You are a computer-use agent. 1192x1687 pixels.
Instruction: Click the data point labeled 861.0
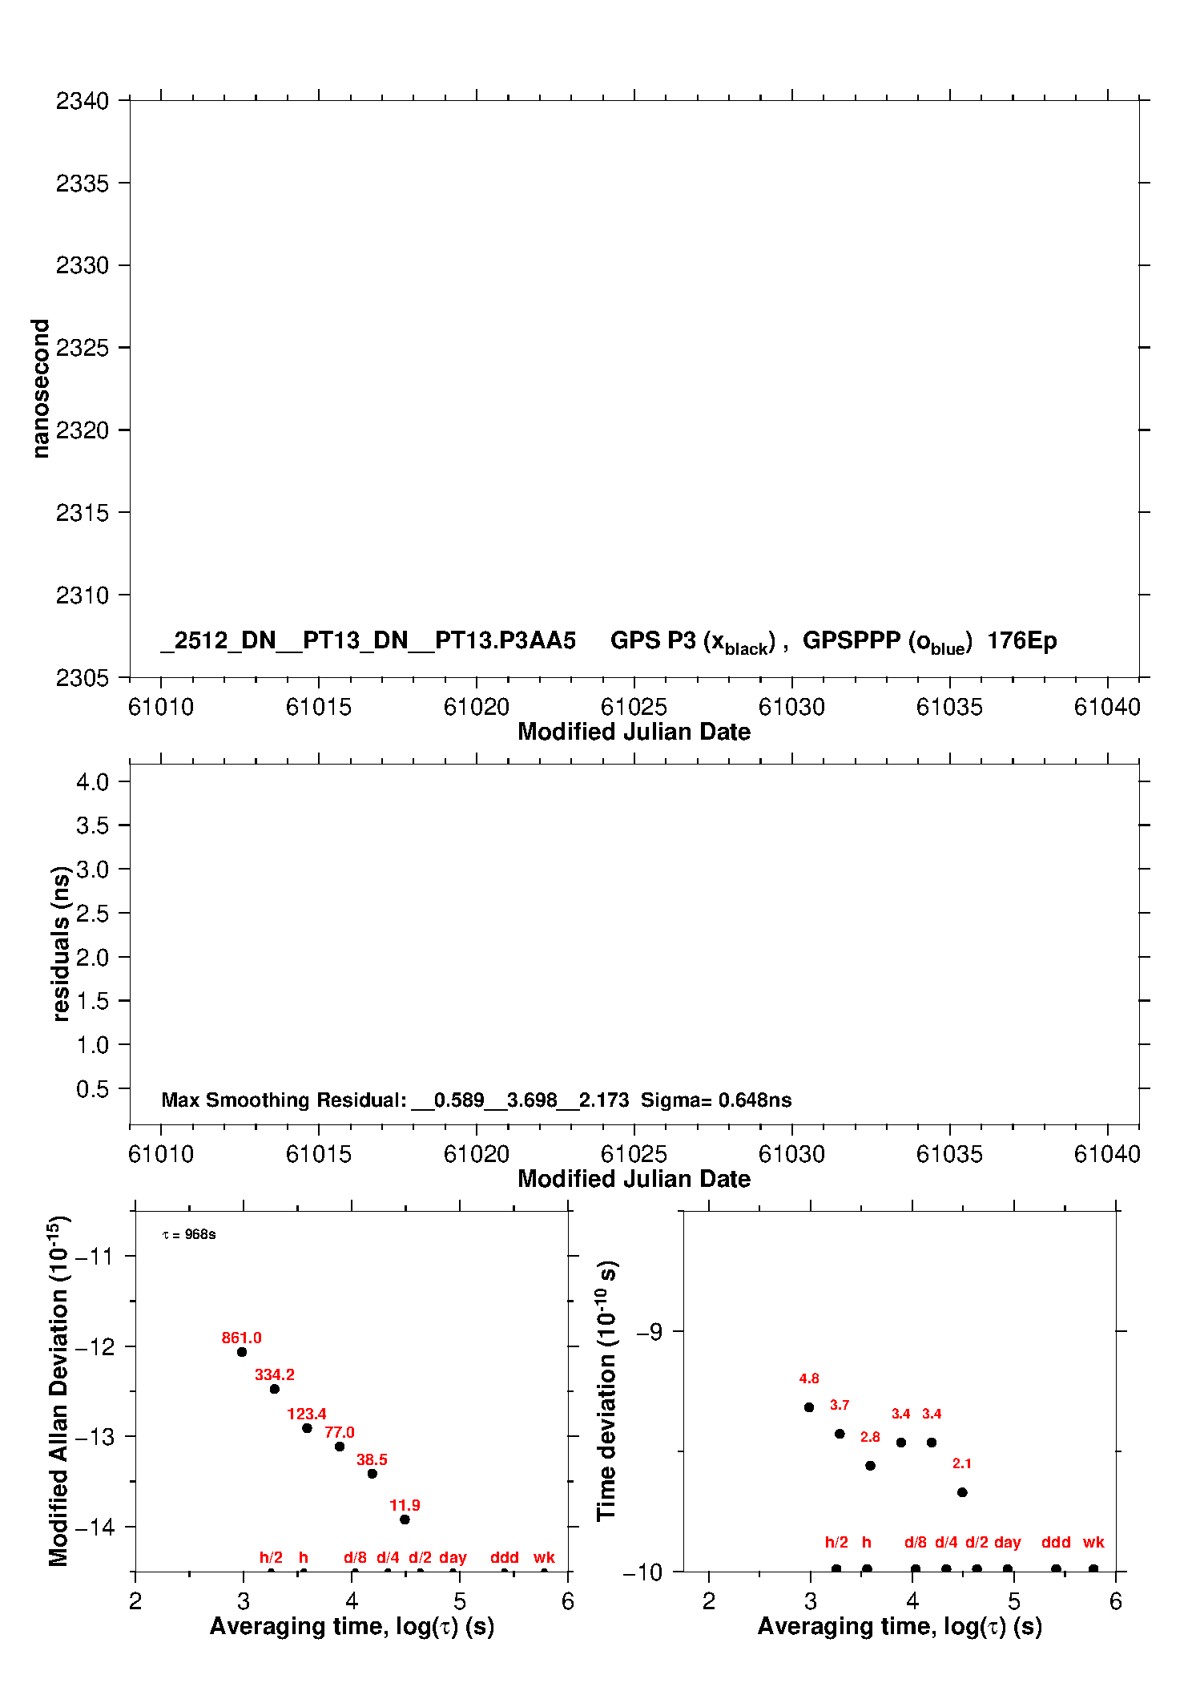[242, 1352]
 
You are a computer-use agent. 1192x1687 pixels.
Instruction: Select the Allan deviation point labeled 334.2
[275, 1389]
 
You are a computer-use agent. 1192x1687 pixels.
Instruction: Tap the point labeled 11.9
[405, 1520]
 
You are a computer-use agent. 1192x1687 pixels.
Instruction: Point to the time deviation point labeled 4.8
[809, 1407]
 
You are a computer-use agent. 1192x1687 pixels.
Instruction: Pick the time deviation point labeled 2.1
[962, 1492]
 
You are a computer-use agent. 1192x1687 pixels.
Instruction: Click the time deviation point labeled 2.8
[870, 1466]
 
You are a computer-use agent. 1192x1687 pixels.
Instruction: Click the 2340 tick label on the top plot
[82, 101]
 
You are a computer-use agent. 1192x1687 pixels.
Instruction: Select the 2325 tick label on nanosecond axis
[82, 348]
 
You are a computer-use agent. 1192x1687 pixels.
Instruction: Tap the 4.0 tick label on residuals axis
[92, 782]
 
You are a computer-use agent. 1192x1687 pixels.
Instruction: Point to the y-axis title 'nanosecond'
[40, 389]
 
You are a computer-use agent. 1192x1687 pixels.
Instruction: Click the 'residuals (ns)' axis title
[61, 943]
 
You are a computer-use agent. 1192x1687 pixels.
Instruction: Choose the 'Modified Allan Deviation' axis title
[58, 1390]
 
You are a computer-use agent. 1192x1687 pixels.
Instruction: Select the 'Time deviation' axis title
[607, 1390]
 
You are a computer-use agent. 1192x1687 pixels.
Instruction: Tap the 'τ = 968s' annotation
[189, 1235]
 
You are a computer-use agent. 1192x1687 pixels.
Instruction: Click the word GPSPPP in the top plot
[852, 641]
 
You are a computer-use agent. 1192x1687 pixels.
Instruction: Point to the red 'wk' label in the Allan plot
[544, 1557]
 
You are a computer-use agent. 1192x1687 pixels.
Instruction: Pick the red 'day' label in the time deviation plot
[1007, 1542]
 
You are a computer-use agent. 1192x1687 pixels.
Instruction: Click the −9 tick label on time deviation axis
[650, 1332]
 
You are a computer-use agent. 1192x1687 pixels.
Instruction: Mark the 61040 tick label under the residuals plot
[1107, 1155]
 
